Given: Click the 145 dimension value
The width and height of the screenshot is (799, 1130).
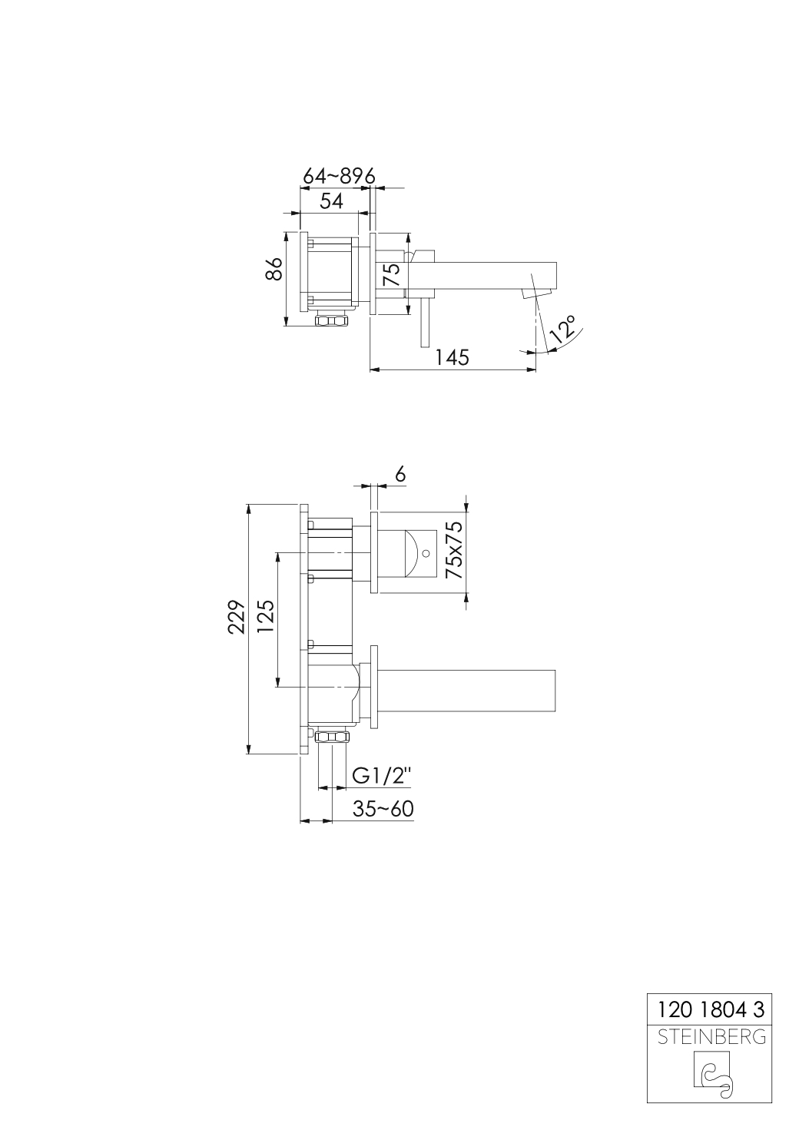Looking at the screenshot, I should (452, 357).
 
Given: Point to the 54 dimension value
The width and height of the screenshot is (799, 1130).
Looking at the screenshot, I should (330, 200).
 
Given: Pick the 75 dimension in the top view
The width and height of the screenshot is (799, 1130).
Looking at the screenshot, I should (391, 274).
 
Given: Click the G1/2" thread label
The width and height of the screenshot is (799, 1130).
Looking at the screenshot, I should (382, 776).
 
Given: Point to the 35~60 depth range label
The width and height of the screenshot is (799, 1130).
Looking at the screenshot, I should (383, 809).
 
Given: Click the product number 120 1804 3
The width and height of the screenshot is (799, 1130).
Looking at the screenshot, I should (711, 1008).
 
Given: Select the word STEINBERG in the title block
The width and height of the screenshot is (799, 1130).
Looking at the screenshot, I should (711, 1037).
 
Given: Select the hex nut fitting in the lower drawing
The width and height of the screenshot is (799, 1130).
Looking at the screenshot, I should (333, 737).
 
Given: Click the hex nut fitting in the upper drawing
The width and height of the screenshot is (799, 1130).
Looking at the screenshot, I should (332, 320).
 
